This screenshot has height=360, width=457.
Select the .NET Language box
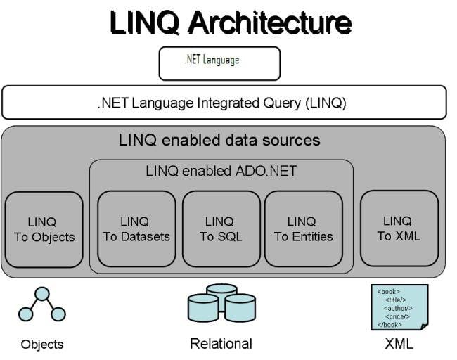click(219, 63)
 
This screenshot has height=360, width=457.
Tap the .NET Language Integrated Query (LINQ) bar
click(224, 103)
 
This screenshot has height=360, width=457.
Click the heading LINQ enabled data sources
click(219, 140)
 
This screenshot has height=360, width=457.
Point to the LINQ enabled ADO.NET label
click(221, 171)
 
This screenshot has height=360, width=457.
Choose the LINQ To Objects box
click(44, 229)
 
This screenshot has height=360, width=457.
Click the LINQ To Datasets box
click(136, 229)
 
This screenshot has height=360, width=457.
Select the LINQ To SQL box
click(220, 229)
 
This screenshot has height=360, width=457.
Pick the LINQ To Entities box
click(303, 229)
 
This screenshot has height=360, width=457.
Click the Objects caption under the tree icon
click(42, 345)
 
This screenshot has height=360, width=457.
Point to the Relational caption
click(221, 344)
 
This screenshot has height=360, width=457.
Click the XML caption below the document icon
click(399, 344)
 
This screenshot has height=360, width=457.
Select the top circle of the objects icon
click(43, 295)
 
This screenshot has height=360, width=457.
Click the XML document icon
click(399, 307)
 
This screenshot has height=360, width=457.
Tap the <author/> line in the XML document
click(399, 308)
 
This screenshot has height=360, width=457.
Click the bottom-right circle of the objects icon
click(58, 314)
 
